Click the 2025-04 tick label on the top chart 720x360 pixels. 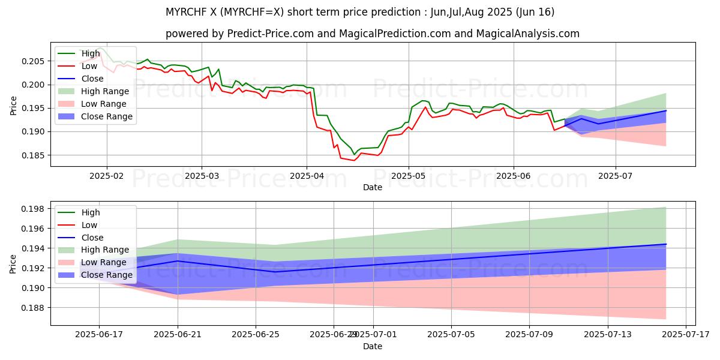click(x=307, y=176)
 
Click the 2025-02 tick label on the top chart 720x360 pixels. click(x=107, y=176)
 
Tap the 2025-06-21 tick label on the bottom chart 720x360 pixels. click(x=178, y=334)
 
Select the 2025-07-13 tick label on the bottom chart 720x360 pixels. click(x=607, y=334)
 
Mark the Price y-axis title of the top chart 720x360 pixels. click(x=13, y=106)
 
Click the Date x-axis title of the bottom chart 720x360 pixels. click(x=373, y=346)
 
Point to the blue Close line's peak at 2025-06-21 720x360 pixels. click(x=178, y=261)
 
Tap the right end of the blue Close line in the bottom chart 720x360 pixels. click(x=666, y=244)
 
